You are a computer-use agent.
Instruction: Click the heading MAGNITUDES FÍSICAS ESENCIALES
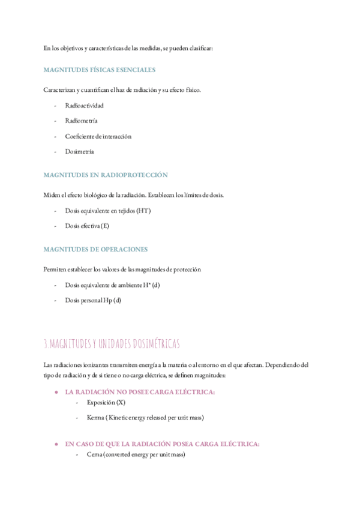click(x=100, y=70)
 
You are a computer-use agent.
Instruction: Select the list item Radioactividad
click(x=84, y=105)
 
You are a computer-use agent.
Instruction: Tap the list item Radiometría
click(x=82, y=121)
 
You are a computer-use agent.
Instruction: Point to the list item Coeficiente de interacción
click(x=98, y=136)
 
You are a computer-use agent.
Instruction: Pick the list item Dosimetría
click(x=79, y=152)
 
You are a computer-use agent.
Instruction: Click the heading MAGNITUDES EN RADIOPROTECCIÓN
click(x=106, y=175)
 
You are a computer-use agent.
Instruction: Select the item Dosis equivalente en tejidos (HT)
click(x=107, y=211)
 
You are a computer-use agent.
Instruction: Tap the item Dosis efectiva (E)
click(x=87, y=226)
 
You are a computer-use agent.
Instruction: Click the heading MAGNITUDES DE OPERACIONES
click(x=95, y=249)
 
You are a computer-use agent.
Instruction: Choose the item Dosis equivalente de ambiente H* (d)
click(x=112, y=285)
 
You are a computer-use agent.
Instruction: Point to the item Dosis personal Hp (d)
click(x=93, y=300)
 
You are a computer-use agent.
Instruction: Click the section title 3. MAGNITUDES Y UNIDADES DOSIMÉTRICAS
click(x=112, y=345)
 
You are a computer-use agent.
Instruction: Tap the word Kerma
click(x=96, y=418)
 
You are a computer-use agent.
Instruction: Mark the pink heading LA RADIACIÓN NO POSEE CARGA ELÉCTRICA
click(x=139, y=392)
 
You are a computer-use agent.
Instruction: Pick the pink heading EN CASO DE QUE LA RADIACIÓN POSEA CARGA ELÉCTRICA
click(x=162, y=444)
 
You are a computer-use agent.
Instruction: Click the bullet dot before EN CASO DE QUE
click(x=56, y=444)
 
